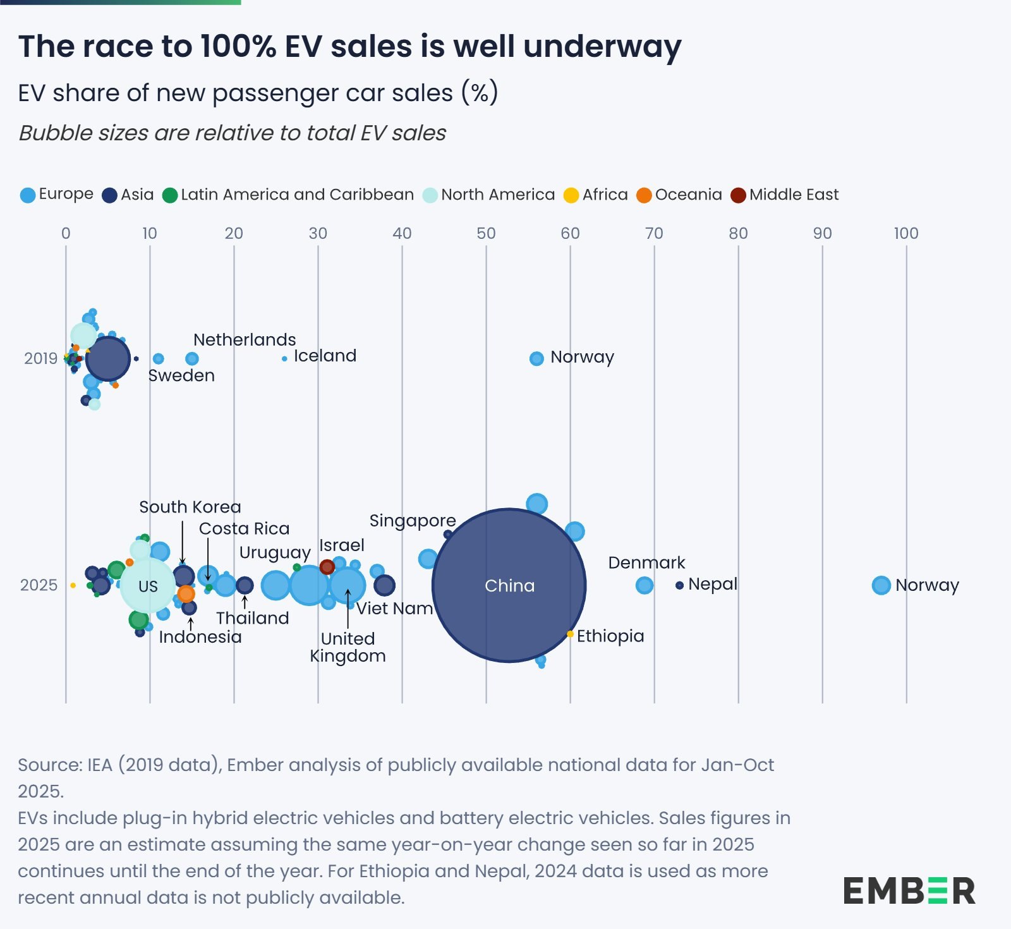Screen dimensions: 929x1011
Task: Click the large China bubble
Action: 509,585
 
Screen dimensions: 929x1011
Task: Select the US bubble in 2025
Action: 148,586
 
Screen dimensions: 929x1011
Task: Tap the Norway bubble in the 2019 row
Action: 536,358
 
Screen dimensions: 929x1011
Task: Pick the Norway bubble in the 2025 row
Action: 881,585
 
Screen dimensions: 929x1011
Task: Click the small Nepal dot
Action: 679,585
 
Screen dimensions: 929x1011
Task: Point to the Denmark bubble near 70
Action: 644,585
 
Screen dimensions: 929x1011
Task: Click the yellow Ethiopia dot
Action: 570,634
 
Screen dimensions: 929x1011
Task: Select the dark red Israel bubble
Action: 327,567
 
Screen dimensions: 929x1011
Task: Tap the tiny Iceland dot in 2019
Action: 284,358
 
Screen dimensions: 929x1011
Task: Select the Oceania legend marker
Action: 644,195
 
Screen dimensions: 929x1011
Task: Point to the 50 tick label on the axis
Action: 486,233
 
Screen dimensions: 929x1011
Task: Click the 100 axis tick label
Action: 905,233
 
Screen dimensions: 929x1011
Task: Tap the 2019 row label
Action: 40,358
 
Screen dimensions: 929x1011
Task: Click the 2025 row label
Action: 39,585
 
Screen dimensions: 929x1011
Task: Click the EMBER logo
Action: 909,890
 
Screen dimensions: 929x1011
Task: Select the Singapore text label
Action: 412,521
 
